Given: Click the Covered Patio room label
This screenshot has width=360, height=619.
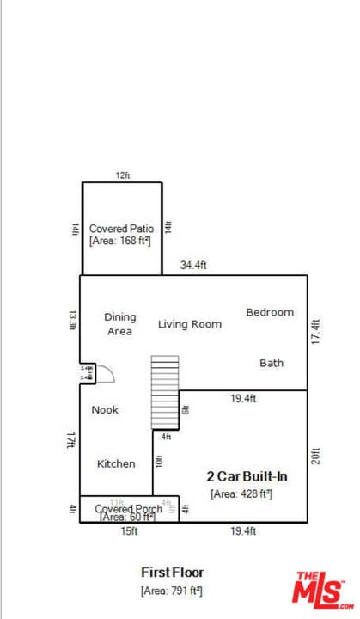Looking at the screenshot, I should (121, 229).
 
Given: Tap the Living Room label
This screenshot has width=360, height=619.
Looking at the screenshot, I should (189, 324).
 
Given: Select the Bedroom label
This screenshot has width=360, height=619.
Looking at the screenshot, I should (270, 312).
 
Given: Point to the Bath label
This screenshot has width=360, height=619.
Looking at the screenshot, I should (272, 363).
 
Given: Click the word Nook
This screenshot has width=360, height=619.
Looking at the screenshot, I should (105, 410).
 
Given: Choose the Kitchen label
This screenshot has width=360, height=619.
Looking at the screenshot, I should (115, 463).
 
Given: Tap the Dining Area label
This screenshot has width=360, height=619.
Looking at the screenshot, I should (120, 324).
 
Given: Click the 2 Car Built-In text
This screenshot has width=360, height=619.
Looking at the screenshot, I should (247, 475).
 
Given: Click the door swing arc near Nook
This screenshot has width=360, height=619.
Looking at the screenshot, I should (105, 373).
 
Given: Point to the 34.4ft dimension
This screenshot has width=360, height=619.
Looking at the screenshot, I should (193, 266).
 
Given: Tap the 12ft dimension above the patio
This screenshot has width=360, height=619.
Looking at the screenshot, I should (123, 175).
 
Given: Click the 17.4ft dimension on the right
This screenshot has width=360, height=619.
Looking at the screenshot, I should (316, 331).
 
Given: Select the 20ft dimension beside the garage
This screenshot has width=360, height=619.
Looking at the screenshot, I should (316, 454).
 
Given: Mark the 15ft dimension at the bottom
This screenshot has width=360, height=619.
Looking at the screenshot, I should (128, 532).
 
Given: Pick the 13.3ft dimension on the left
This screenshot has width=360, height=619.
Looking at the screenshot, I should (72, 320).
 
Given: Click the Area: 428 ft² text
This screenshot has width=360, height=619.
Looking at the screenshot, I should (241, 493).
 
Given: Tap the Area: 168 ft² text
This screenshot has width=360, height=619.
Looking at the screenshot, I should (120, 242).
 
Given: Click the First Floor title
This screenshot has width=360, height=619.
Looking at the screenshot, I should (172, 572).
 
